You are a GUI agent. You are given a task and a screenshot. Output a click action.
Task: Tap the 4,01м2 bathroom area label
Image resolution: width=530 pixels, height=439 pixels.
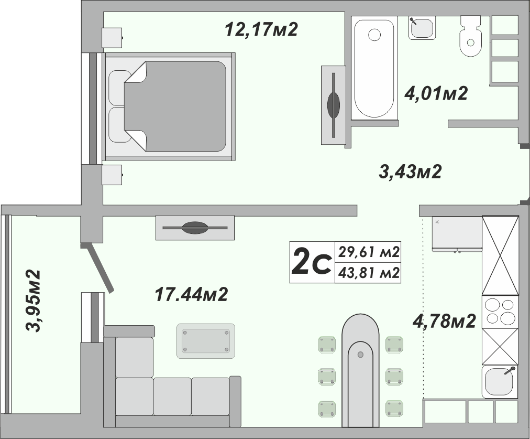(x=436, y=93)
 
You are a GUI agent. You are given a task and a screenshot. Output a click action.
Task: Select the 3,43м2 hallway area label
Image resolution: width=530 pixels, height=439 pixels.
(x=411, y=172)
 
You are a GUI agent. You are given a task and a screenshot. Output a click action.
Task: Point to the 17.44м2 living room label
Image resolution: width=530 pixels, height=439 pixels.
(x=191, y=294)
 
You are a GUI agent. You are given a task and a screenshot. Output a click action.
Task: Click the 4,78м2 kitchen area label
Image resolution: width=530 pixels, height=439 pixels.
(x=444, y=320)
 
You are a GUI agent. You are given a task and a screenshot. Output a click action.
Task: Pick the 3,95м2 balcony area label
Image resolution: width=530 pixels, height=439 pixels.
(x=34, y=301)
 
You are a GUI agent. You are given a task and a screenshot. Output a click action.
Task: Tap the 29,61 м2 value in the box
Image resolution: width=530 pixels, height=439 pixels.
(x=369, y=252)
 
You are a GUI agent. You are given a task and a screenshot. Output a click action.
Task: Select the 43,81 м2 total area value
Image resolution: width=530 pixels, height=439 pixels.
(x=369, y=272)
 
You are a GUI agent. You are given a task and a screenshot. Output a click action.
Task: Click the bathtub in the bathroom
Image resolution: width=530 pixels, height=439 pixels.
(x=374, y=68)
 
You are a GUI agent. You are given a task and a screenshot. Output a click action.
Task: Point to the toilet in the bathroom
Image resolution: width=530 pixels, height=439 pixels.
(x=471, y=36)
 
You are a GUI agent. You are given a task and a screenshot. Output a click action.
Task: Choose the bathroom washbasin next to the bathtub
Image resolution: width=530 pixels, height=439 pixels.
(x=422, y=28)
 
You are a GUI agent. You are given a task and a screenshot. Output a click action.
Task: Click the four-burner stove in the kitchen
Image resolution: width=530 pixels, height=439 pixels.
(x=500, y=312)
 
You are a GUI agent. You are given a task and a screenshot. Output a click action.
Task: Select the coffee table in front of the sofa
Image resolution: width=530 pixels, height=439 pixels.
(x=206, y=341)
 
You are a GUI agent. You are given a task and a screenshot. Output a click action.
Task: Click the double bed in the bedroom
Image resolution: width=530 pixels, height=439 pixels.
(x=169, y=106)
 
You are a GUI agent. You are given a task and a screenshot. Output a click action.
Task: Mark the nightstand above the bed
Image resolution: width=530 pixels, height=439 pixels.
(x=112, y=38)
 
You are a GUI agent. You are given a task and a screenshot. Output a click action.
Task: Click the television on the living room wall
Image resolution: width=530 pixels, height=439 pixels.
(x=195, y=228)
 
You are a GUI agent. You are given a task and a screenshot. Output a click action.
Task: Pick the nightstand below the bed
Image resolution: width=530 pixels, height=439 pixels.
(x=112, y=175)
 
